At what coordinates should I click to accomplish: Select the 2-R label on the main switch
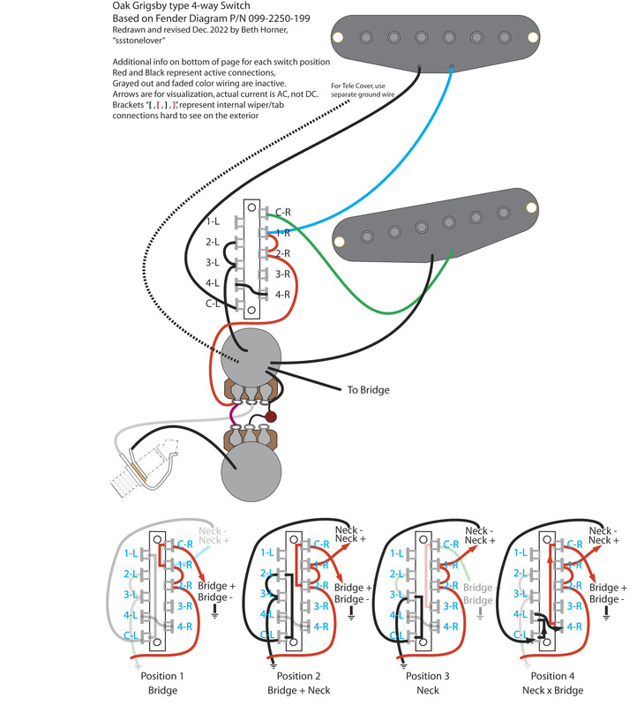tap(283, 253)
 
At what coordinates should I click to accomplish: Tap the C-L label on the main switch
tap(213, 304)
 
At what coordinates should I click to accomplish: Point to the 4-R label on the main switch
tap(283, 294)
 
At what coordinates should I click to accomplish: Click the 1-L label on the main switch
tap(213, 222)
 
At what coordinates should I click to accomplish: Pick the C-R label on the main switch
tap(283, 212)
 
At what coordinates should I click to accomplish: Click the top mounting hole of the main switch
tap(253, 208)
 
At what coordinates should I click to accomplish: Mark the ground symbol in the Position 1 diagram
tap(217, 615)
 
